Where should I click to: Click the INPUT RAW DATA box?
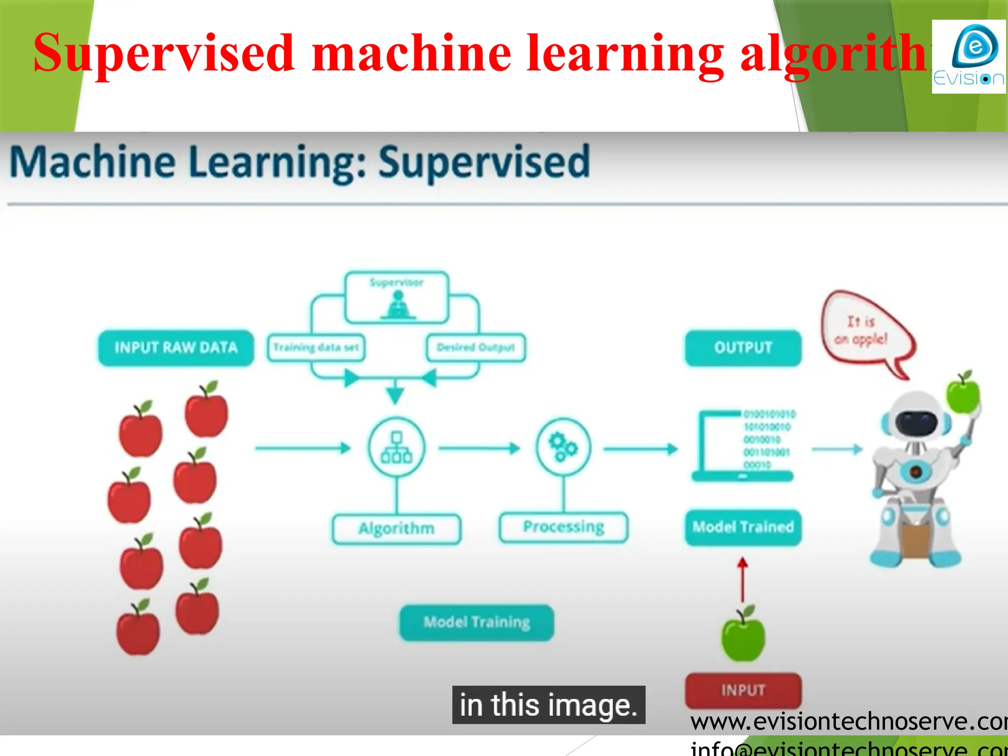coord(176,348)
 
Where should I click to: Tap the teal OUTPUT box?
coord(743,348)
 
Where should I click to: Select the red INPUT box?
coord(743,690)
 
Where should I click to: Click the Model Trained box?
coord(743,527)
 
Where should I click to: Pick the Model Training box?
coord(476,623)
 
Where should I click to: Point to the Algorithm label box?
coord(397,529)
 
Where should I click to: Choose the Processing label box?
coord(564,527)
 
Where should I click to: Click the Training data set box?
coord(316,347)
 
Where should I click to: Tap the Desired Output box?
coord(476,347)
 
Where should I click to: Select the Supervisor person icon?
coord(398,305)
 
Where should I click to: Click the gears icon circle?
coord(564,447)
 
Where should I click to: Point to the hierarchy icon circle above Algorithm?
coord(397,447)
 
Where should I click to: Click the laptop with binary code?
coord(742,445)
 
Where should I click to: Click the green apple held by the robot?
coord(963,394)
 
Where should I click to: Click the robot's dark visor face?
coord(915,421)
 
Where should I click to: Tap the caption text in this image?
coord(548,705)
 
